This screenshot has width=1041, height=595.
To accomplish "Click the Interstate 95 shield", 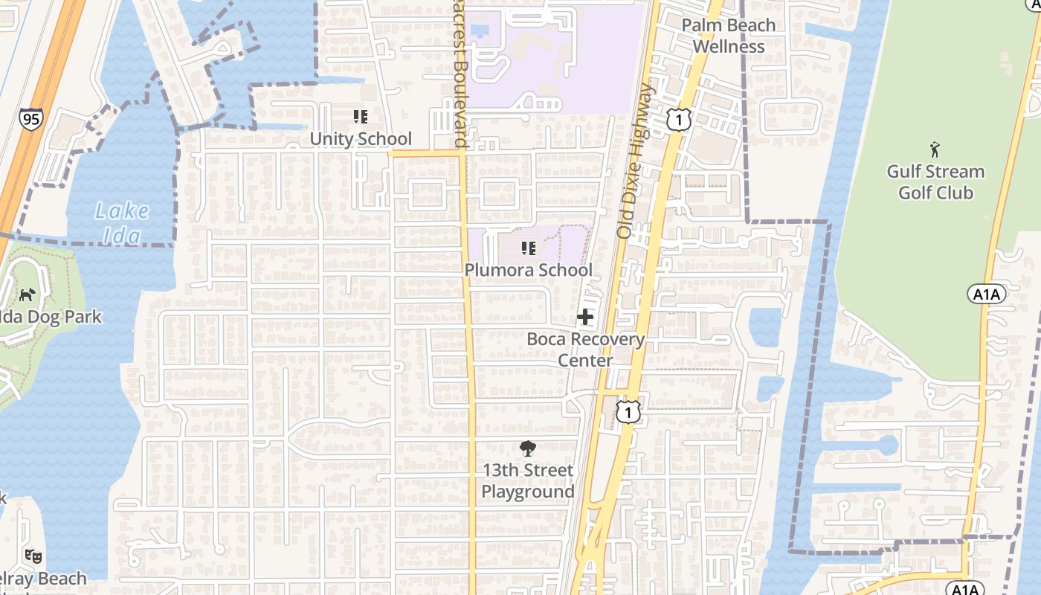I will tap(30, 119).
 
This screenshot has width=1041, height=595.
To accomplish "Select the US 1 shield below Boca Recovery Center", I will tap(628, 411).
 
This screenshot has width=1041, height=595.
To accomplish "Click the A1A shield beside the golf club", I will tap(987, 295).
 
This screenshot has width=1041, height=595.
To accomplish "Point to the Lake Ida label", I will tap(122, 222).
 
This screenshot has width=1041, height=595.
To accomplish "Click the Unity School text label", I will tap(361, 139).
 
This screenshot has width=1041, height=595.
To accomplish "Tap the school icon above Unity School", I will tap(361, 117).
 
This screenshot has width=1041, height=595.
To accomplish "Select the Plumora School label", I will tap(529, 270).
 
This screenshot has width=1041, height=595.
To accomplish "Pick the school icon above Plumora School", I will tap(529, 248).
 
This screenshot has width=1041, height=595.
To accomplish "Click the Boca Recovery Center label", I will tap(586, 350).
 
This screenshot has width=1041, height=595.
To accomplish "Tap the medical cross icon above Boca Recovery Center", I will tap(585, 318).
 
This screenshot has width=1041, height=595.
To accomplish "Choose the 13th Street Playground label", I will tap(528, 480).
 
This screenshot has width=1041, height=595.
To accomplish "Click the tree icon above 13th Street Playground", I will tap(528, 448).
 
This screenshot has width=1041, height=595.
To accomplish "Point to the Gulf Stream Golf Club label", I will tap(935, 182).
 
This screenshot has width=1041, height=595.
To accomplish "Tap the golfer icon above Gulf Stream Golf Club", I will tap(935, 149).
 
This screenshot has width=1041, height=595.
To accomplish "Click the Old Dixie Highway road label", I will tap(635, 161).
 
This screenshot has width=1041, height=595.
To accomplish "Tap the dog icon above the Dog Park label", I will tap(28, 295).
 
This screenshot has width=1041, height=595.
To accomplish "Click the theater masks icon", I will tap(33, 556).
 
